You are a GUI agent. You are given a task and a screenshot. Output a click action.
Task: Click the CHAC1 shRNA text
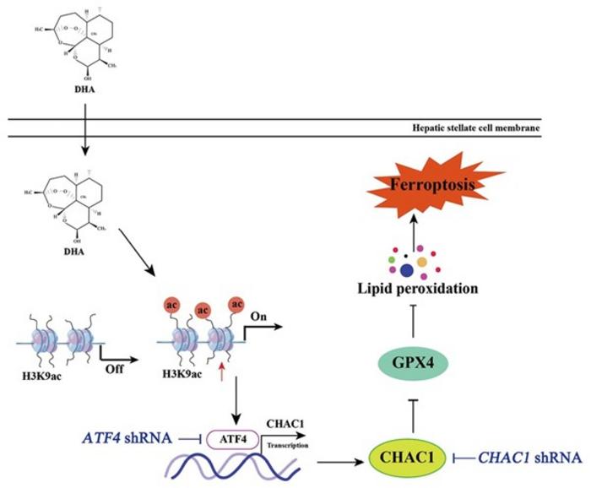[x=530, y=458]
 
